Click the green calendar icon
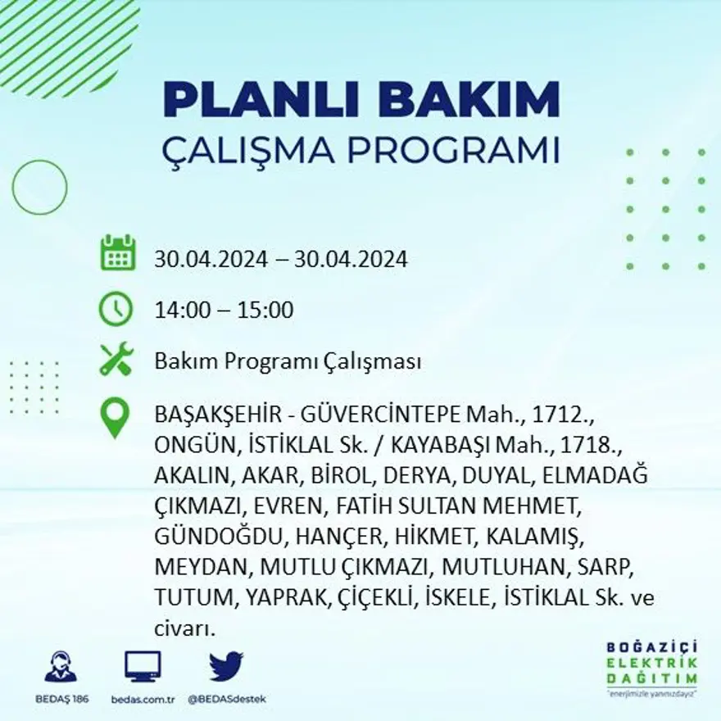(117, 253)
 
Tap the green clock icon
(116, 309)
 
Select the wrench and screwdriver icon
(116, 360)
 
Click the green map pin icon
(115, 417)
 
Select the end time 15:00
(265, 311)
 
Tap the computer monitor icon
(143, 666)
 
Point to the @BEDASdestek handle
(226, 699)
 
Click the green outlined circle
(39, 188)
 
